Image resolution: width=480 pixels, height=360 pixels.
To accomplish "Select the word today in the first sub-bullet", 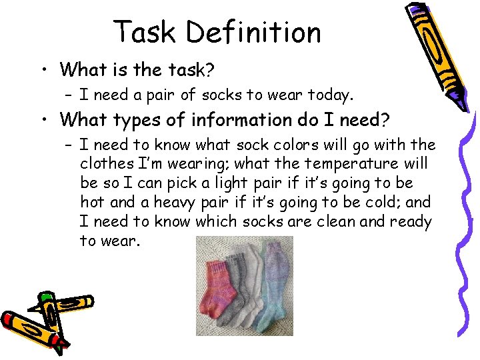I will (x=329, y=95).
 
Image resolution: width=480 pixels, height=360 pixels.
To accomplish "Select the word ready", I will (x=410, y=221).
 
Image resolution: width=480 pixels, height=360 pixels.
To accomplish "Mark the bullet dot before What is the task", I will (x=42, y=69).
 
